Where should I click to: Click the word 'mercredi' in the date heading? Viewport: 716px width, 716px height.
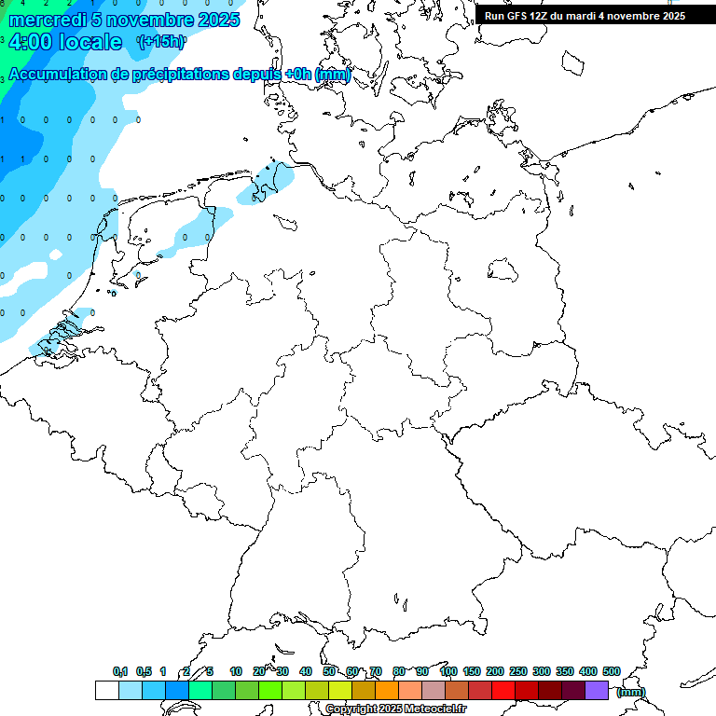click(45, 21)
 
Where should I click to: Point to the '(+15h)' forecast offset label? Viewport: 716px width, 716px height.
click(161, 42)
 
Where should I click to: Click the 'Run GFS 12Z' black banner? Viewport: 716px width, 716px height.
click(585, 16)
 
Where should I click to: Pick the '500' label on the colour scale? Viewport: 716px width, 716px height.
click(611, 671)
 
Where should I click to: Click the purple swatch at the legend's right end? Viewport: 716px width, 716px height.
click(597, 690)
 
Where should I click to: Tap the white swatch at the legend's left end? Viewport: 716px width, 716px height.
click(106, 690)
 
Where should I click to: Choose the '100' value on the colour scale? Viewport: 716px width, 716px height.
click(447, 671)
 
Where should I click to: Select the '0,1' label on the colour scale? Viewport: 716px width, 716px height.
click(120, 671)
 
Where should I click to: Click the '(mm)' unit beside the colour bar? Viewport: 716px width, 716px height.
click(631, 692)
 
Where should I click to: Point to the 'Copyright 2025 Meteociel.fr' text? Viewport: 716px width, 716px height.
click(395, 709)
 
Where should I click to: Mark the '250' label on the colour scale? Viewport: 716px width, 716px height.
click(517, 671)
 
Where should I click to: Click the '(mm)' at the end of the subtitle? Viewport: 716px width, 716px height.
click(333, 75)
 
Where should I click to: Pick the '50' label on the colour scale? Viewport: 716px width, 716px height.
click(329, 671)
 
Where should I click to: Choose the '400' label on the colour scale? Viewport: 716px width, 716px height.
click(587, 671)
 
